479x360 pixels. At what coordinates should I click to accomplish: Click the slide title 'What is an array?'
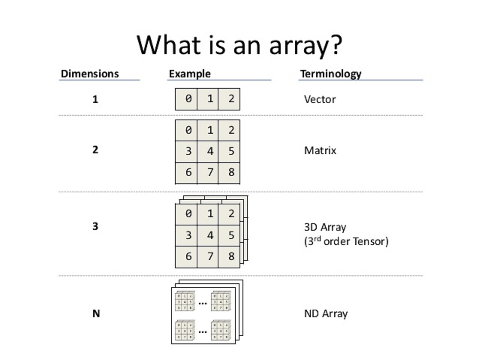(239, 45)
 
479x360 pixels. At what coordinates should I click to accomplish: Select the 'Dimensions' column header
(90, 74)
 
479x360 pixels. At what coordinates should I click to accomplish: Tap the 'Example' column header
(190, 74)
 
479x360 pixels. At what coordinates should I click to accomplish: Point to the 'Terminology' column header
(331, 74)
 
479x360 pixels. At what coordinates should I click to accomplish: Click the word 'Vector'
(320, 100)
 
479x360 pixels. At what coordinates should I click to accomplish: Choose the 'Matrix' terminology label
(320, 151)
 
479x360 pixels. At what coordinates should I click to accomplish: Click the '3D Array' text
(325, 227)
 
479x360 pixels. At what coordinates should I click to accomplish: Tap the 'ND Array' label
(326, 313)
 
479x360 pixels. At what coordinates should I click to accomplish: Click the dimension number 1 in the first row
(95, 100)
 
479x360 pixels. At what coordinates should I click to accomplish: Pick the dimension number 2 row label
(95, 150)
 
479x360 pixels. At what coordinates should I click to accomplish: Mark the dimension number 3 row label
(95, 226)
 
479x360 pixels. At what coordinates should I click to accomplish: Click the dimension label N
(96, 313)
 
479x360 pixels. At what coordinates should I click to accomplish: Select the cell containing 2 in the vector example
(229, 99)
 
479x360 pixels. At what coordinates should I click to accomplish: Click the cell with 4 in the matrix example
(208, 151)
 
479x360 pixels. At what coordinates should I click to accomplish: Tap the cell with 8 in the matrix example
(229, 172)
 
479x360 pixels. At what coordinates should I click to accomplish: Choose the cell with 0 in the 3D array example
(187, 214)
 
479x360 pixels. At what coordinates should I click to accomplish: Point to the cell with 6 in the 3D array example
(187, 257)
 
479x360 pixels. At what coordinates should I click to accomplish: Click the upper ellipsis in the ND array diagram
(203, 303)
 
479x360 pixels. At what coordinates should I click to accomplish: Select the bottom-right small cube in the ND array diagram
(221, 330)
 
